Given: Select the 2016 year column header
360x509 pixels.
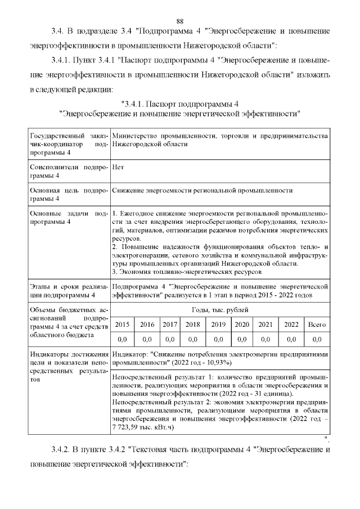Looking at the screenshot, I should click(x=147, y=325).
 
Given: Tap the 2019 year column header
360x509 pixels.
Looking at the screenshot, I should click(x=218, y=325).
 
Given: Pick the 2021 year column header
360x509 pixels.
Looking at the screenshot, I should click(x=265, y=325).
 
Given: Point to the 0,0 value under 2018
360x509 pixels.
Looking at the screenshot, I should click(x=192, y=339).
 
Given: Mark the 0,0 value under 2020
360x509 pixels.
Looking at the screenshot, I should click(x=242, y=339).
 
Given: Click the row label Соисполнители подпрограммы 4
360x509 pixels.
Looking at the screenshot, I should click(x=67, y=171).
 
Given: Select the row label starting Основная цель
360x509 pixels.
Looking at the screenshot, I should click(x=67, y=195).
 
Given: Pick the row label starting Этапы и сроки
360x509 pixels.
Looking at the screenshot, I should click(x=67, y=290).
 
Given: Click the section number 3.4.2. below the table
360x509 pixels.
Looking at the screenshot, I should click(x=59, y=450).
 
